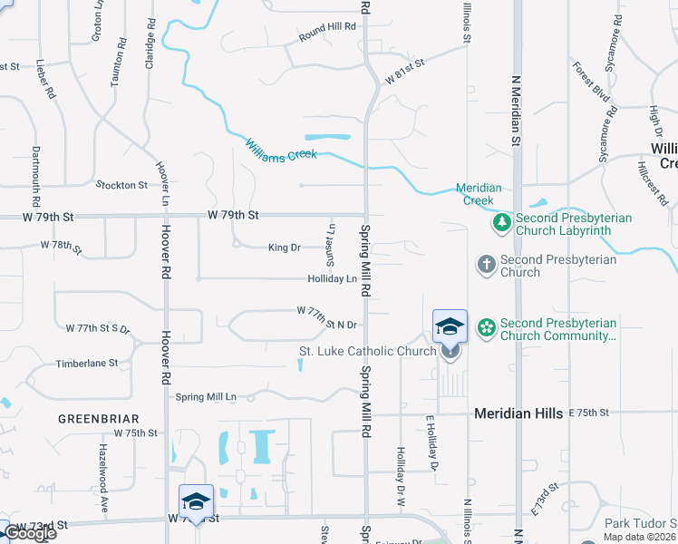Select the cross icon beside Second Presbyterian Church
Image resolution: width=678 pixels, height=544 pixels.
[487, 265]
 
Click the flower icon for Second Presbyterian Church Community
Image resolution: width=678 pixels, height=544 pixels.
[487, 328]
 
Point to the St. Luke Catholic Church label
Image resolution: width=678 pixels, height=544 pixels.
[368, 351]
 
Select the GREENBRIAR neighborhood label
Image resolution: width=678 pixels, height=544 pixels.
[98, 419]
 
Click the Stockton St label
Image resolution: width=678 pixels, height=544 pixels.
[121, 185]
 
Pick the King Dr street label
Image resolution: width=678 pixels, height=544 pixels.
[284, 248]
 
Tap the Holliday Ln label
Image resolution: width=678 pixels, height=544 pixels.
[332, 279]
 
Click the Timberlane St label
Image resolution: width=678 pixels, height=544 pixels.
[87, 364]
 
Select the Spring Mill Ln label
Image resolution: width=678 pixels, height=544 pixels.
[206, 397]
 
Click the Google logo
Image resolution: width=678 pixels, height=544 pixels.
[30, 533]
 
